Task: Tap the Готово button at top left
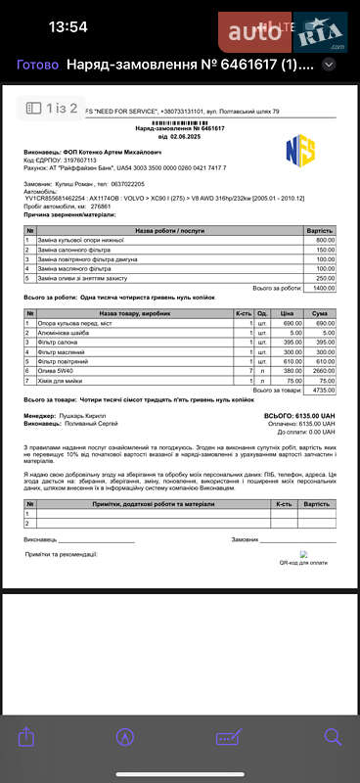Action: (x=37, y=65)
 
